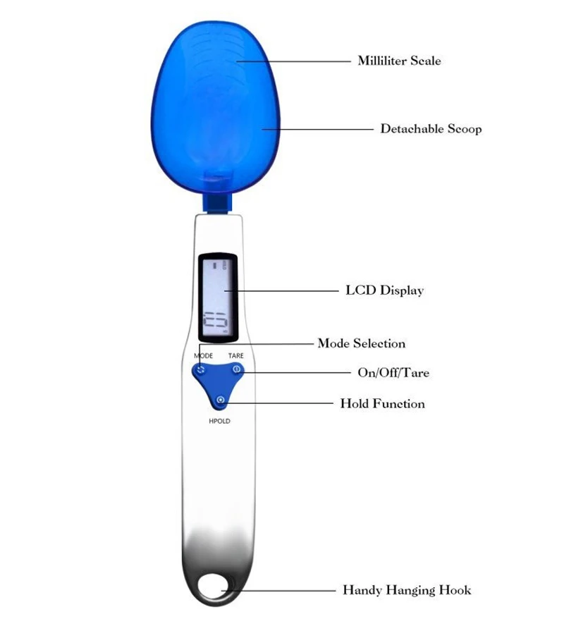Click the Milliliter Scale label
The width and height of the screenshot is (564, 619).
pyautogui.click(x=399, y=61)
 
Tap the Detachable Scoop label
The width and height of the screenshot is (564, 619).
pyautogui.click(x=431, y=129)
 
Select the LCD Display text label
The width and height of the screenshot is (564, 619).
pyautogui.click(x=384, y=290)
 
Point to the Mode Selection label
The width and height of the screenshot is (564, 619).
pyautogui.click(x=362, y=343)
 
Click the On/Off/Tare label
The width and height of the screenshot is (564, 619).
pyautogui.click(x=393, y=372)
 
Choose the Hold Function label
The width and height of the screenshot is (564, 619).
pyautogui.click(x=382, y=404)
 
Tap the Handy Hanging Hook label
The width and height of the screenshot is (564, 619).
pyautogui.click(x=406, y=590)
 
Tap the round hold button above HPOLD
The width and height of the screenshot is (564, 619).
pyautogui.click(x=221, y=400)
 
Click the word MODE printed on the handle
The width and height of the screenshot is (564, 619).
pyautogui.click(x=203, y=356)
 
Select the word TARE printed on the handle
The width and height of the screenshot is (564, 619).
pyautogui.click(x=235, y=356)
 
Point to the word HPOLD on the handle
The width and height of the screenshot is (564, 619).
pyautogui.click(x=219, y=421)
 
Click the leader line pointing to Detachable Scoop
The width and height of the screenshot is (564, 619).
pyautogui.click(x=317, y=129)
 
